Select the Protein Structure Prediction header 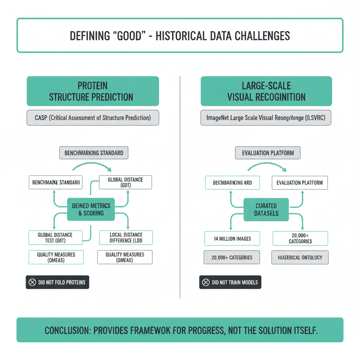pos(93,91)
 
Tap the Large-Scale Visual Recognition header pos(266,91)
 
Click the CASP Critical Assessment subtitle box pos(93,118)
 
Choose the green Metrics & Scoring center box pos(91,209)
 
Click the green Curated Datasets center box pos(266,209)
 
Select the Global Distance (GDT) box pos(126,182)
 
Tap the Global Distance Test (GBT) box pos(55,238)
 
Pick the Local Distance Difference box pos(126,238)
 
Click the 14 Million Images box pos(232,238)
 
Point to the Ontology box pos(300,257)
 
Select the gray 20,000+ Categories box pos(232,257)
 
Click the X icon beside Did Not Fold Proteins pos(32,282)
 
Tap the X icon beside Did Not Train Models pos(206,282)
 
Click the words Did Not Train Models pos(234,282)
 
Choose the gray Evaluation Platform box pos(268,153)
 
